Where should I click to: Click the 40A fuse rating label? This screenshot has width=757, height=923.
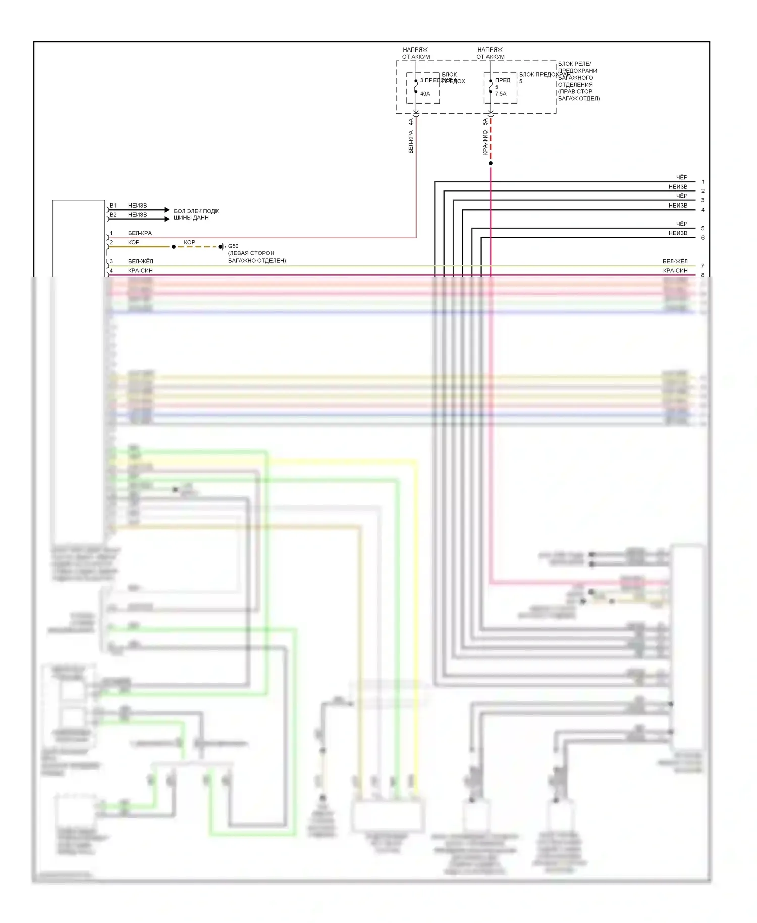click(x=425, y=94)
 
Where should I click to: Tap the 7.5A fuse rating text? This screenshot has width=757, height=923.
click(x=500, y=94)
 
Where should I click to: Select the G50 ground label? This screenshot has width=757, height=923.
click(x=233, y=246)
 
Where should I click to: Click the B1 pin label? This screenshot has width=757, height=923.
click(x=113, y=206)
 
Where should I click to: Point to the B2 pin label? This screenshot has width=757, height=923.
click(x=113, y=215)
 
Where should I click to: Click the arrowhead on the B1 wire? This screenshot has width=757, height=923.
click(x=167, y=210)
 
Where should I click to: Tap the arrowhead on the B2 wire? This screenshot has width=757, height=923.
click(x=167, y=219)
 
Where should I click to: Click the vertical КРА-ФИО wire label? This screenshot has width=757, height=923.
click(x=485, y=142)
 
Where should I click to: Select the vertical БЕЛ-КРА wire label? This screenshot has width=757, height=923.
click(x=411, y=142)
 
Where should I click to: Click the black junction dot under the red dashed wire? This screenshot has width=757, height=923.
click(x=491, y=163)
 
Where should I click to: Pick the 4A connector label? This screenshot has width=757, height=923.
click(x=411, y=122)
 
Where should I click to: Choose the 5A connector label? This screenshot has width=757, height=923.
click(x=485, y=122)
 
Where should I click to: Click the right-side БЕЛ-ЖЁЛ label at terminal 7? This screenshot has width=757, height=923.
click(x=675, y=261)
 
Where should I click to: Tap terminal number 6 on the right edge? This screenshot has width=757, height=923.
click(x=702, y=238)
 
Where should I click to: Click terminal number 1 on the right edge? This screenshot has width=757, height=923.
click(x=702, y=182)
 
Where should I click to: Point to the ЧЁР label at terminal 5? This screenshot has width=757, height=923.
click(x=681, y=224)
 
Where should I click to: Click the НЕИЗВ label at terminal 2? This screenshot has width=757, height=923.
click(x=678, y=187)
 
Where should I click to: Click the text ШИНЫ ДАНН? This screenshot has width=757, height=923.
click(x=191, y=218)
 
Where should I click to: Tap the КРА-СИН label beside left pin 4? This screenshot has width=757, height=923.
click(x=140, y=271)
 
